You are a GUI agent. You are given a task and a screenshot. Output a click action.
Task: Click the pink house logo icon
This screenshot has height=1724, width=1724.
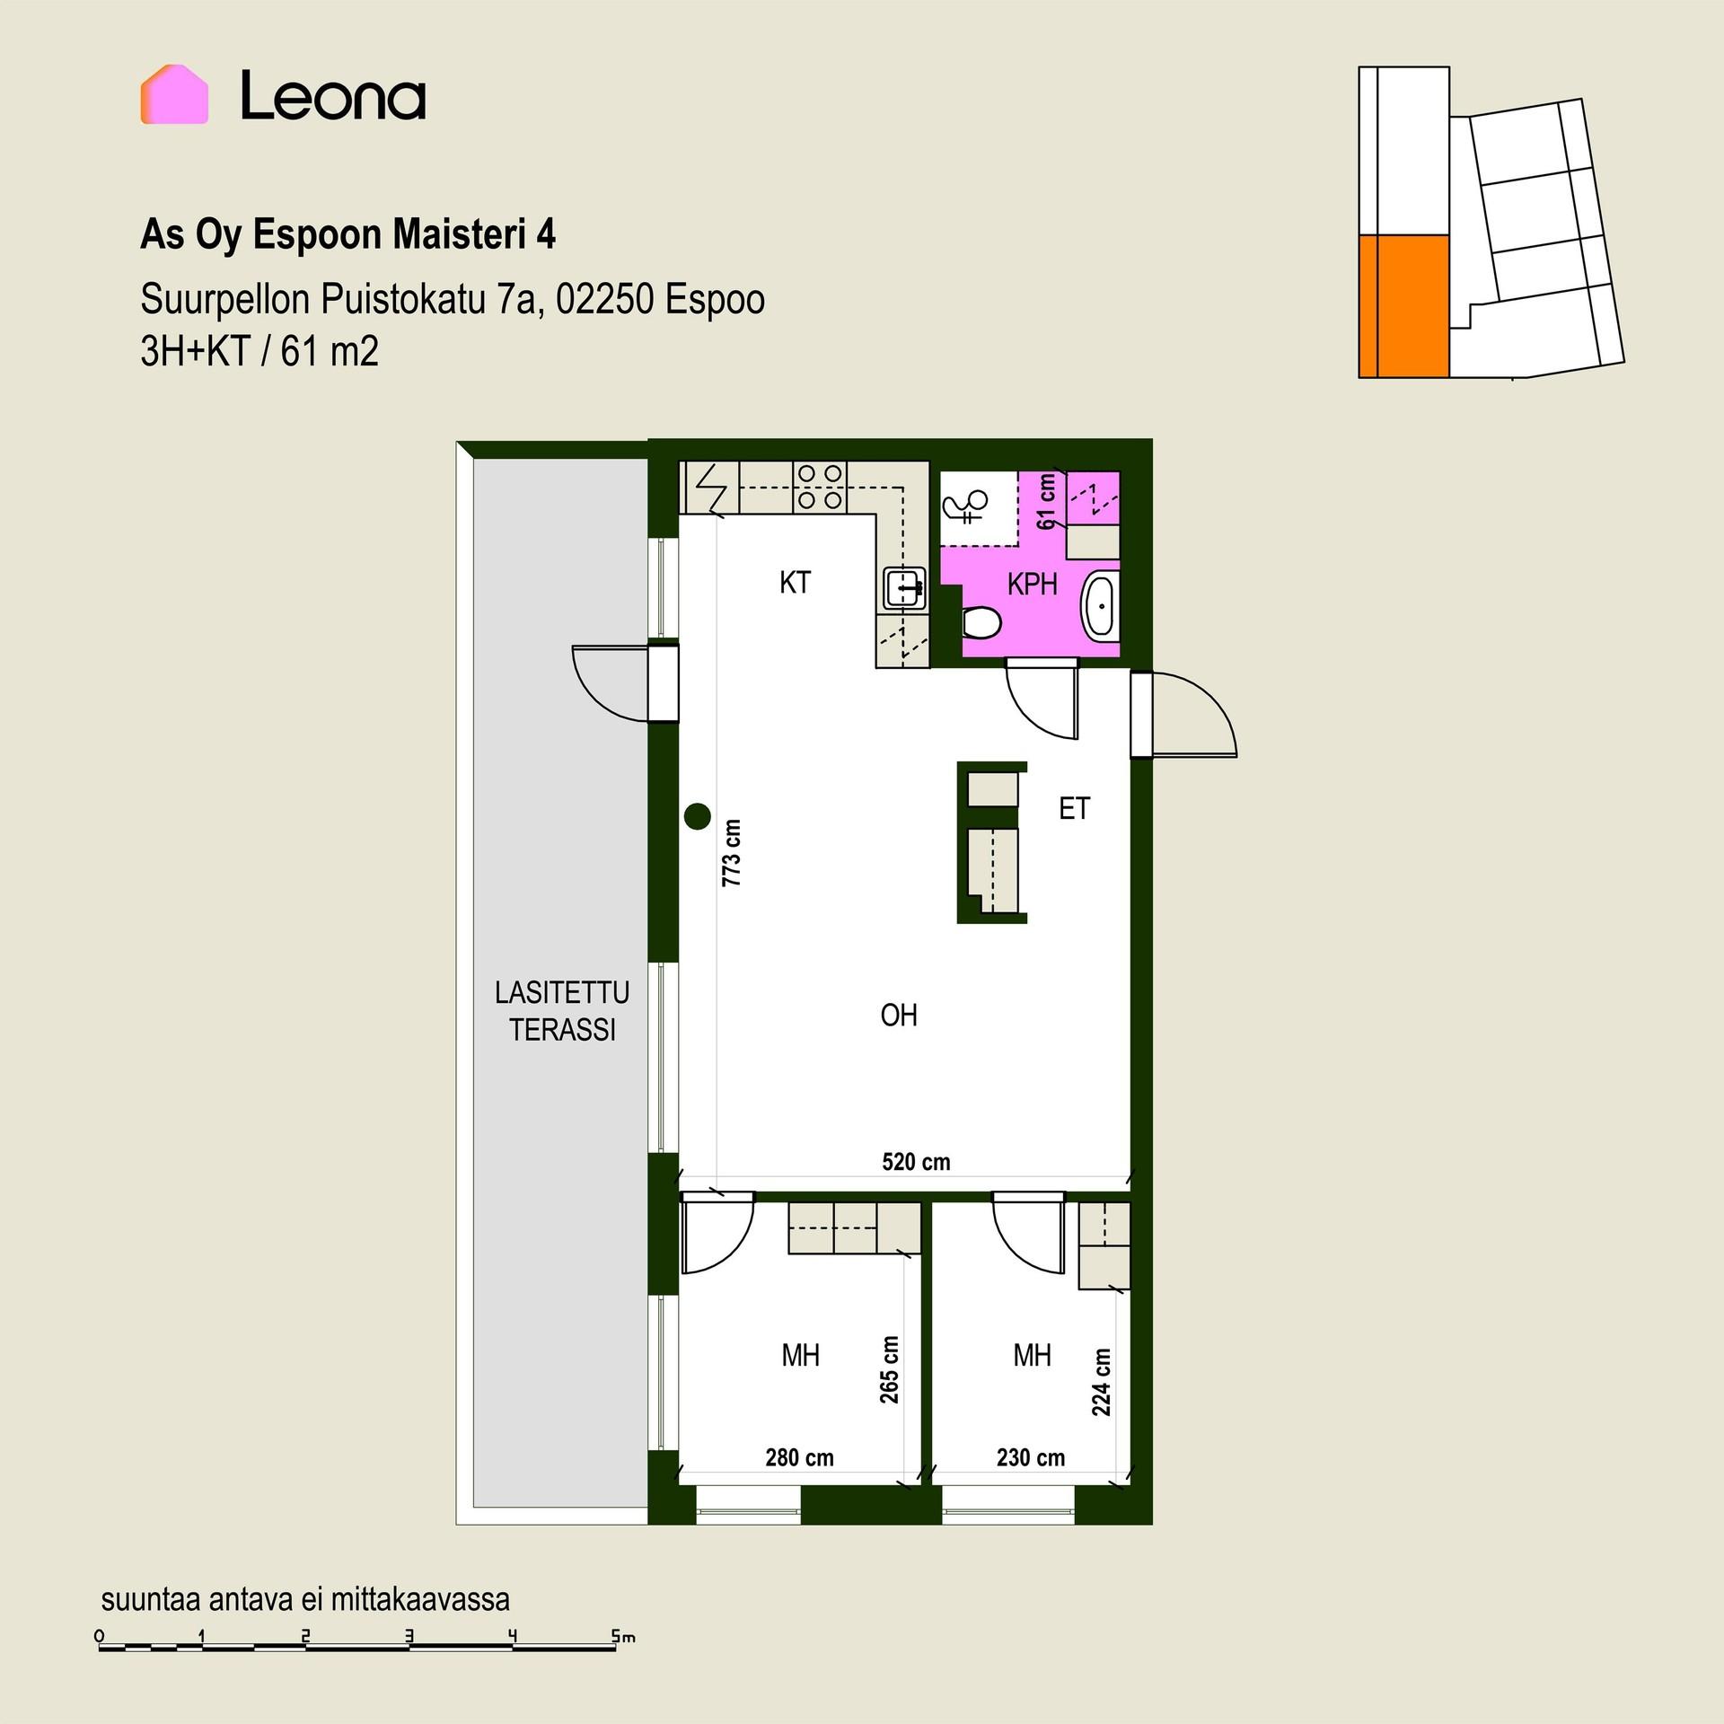click(x=174, y=94)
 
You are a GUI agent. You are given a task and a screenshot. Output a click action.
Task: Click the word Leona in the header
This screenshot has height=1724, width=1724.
click(x=333, y=97)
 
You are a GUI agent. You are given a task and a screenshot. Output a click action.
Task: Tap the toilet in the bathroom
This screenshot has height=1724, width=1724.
click(x=981, y=621)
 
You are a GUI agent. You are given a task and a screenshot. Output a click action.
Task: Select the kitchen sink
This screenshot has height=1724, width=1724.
click(x=904, y=588)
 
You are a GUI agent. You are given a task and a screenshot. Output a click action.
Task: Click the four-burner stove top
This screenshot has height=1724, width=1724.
click(x=820, y=487)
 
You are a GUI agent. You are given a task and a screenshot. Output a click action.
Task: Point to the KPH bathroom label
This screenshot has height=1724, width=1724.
click(x=1032, y=585)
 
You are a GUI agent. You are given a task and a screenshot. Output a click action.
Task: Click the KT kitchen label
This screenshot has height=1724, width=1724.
click(x=795, y=583)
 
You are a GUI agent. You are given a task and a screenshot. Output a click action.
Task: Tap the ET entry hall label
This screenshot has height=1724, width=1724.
click(x=1074, y=809)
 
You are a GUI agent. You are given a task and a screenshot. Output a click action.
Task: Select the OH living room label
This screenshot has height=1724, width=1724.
click(x=899, y=1016)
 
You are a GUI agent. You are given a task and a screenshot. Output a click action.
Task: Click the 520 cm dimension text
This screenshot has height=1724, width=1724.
click(x=916, y=1162)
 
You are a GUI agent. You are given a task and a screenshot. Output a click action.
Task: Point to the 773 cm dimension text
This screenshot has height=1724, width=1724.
click(x=732, y=853)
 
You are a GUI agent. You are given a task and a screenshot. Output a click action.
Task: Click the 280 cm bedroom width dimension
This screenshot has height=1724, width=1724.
click(x=799, y=1457)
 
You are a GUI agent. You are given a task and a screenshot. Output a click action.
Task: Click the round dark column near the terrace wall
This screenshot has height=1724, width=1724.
click(x=698, y=816)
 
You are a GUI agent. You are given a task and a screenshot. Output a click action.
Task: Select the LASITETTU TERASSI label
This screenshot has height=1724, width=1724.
click(x=562, y=1011)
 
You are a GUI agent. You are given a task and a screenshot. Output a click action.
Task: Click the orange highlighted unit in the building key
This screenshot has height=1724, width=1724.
click(x=1403, y=306)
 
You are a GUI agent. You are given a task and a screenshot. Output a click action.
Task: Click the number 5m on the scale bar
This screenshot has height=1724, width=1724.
click(x=623, y=1637)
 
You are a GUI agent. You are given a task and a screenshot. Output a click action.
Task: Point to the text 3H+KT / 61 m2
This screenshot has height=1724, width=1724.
click(x=259, y=351)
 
